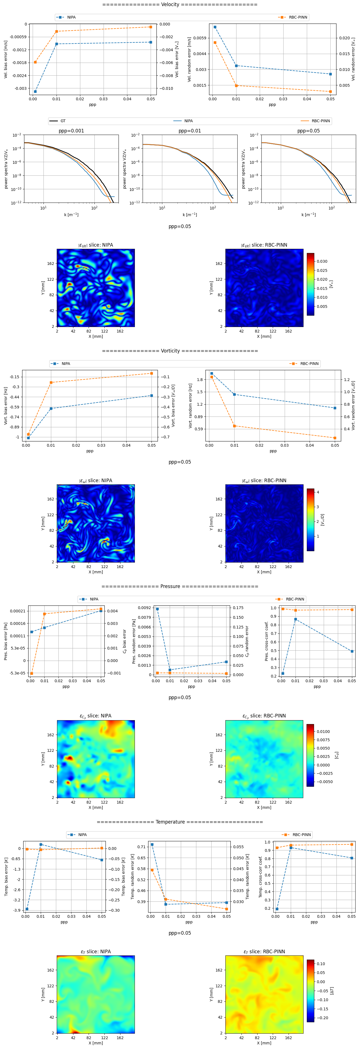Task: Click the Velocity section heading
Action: point(180,4)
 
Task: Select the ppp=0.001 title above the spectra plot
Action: point(71,131)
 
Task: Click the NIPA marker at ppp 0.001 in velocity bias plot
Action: point(35,91)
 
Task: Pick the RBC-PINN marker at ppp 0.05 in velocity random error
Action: point(330,91)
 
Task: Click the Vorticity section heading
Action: point(180,351)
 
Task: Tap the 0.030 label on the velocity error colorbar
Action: point(322,261)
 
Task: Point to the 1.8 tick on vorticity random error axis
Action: point(200,380)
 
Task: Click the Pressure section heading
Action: point(180,586)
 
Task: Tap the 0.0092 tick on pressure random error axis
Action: point(144,608)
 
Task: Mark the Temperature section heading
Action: point(180,822)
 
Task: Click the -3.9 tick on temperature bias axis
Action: point(17,910)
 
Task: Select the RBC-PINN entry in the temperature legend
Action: point(302,835)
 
